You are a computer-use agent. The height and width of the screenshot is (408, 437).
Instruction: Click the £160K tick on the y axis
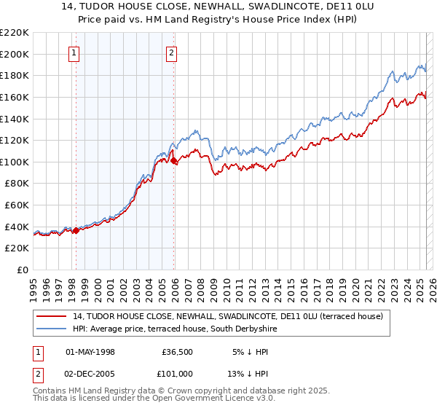tap(15, 97)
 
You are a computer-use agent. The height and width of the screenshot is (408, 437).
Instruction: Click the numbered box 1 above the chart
tap(76, 52)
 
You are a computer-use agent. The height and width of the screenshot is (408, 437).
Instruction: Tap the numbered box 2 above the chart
tap(171, 52)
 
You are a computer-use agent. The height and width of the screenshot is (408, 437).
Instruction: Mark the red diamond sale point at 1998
tap(76, 231)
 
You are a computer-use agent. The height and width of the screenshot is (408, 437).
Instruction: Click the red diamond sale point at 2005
tap(173, 161)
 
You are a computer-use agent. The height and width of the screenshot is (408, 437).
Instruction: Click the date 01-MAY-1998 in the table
tap(90, 352)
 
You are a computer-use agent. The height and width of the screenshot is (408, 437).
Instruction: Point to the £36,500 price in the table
tap(177, 352)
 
